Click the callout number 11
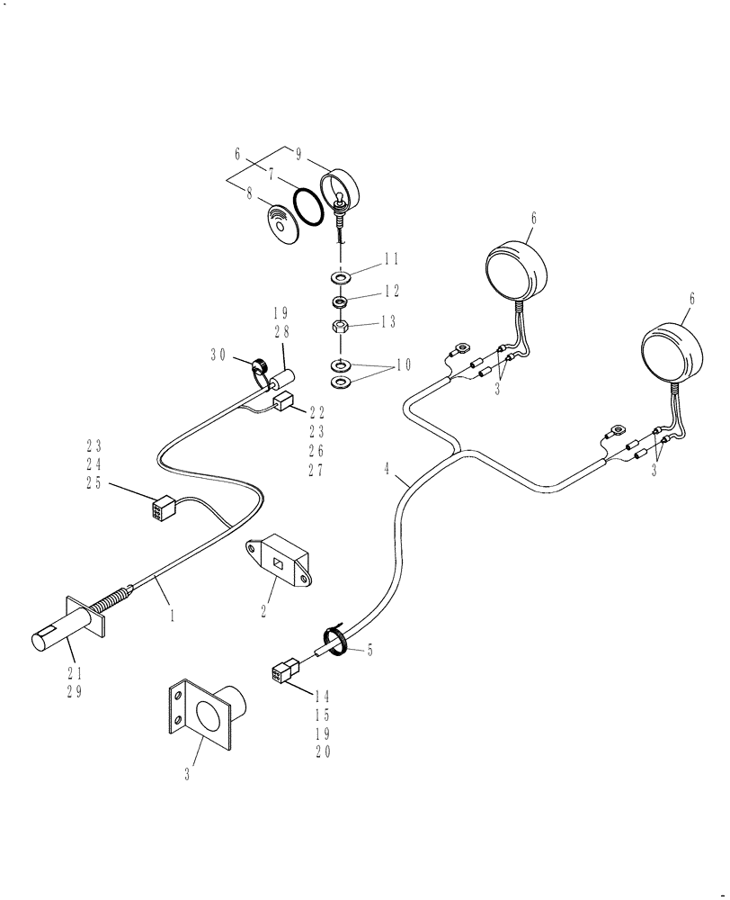391,260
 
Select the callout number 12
391,291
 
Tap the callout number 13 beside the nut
391,321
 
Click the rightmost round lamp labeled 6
671,354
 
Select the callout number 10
404,364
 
